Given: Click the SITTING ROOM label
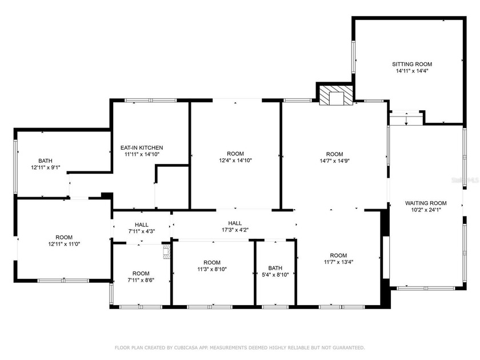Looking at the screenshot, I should tap(411, 64).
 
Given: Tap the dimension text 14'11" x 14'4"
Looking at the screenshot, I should tap(411, 71).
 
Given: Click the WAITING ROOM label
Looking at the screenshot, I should tap(426, 203).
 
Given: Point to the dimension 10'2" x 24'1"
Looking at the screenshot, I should tap(426, 210).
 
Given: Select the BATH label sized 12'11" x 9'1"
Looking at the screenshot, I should tap(45, 161).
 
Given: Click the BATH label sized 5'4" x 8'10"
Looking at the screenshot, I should tap(275, 268).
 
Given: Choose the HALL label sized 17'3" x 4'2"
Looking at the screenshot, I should tap(234, 223).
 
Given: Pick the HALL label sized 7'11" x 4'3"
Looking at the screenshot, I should tap(141, 225).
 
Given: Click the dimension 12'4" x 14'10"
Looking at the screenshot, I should tap(235, 161).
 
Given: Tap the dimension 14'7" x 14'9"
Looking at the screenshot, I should tap(334, 161).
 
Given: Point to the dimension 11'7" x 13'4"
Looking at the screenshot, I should tap(338, 262).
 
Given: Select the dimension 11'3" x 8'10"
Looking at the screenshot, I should tap(212, 269).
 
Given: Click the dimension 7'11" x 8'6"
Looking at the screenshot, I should tap(141, 280).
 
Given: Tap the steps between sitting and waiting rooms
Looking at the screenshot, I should tap(406, 119).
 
